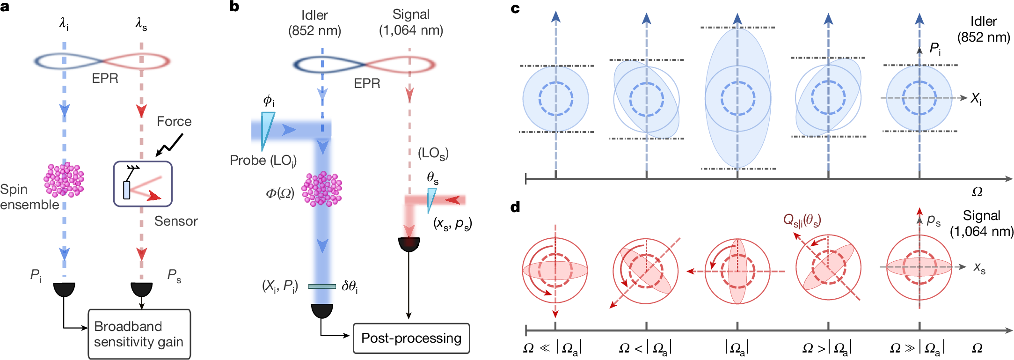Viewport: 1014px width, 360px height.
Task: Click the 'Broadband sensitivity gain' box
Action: pyautogui.click(x=139, y=334)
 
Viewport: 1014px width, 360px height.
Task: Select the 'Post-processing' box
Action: pyautogui.click(x=411, y=338)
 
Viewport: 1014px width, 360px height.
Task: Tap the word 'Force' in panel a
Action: pyautogui.click(x=174, y=122)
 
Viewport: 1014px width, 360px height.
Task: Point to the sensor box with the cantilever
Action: pyautogui.click(x=143, y=184)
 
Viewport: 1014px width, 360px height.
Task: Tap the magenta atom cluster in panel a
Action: pyautogui.click(x=64, y=180)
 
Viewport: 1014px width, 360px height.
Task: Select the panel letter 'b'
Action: pyautogui.click(x=234, y=7)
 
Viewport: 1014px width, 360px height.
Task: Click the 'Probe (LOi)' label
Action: pyautogui.click(x=263, y=161)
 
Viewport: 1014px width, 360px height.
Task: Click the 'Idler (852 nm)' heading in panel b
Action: pyautogui.click(x=314, y=22)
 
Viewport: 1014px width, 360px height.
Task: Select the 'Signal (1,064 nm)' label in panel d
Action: pyautogui.click(x=981, y=223)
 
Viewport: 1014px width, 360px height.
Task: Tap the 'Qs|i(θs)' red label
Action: pyautogui.click(x=802, y=220)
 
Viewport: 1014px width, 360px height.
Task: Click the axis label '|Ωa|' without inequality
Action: pyautogui.click(x=737, y=348)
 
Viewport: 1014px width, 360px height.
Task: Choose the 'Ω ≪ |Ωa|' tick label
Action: pyautogui.click(x=552, y=348)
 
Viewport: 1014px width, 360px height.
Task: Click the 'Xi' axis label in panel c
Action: pyautogui.click(x=976, y=98)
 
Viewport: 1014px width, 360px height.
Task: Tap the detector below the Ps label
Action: pyautogui.click(x=141, y=289)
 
